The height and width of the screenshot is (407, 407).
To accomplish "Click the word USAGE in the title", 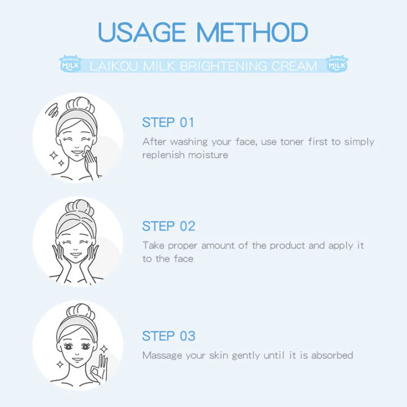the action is click(x=142, y=32).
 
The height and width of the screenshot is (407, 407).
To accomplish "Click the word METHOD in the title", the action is click(x=252, y=32).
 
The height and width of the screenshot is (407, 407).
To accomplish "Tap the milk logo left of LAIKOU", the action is click(x=70, y=64).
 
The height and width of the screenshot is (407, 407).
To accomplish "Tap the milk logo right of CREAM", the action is click(x=337, y=64).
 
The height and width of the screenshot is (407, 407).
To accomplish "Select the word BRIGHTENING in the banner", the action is click(x=223, y=66).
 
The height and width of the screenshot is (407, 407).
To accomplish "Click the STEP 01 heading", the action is click(x=168, y=123).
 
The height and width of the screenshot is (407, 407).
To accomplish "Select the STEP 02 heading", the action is click(x=168, y=226).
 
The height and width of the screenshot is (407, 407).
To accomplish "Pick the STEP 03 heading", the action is click(x=168, y=336).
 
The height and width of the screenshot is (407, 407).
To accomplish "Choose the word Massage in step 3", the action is click(x=162, y=356).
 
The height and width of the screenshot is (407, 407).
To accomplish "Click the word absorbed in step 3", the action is click(x=332, y=355).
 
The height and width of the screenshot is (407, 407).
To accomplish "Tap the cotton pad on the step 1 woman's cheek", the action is click(x=86, y=150).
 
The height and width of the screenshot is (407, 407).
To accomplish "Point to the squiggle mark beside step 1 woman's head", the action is click(x=52, y=110).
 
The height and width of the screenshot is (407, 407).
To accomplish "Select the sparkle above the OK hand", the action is click(x=104, y=349).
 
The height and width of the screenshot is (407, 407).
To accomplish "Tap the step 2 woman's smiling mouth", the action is click(x=76, y=254).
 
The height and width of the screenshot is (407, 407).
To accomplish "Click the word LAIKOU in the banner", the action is click(x=114, y=66).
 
